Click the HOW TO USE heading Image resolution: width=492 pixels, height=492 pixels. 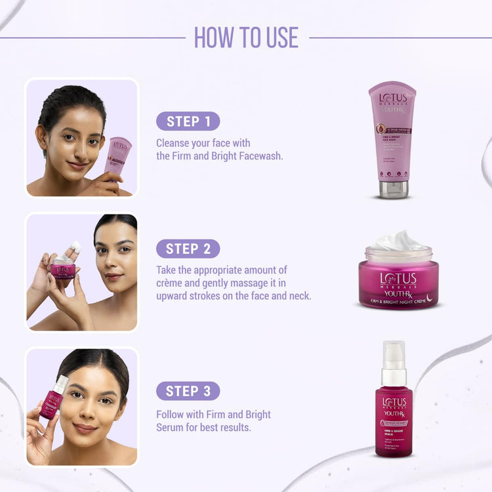click(246, 37)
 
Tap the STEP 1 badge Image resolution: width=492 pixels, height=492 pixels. click(188, 121)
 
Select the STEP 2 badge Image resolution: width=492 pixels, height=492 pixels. click(188, 249)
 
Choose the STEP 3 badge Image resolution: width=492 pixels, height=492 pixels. click(188, 391)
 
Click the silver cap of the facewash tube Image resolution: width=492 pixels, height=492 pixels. click(393, 189)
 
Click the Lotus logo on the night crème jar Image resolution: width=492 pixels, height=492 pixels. click(398, 278)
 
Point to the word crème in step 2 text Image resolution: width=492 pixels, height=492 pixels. click(171, 283)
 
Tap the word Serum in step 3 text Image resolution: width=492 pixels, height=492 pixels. click(171, 428)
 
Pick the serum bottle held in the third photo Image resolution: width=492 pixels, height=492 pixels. click(51, 400)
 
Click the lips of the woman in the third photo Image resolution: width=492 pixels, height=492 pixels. click(85, 428)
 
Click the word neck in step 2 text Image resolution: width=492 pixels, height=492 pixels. click(299, 296)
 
